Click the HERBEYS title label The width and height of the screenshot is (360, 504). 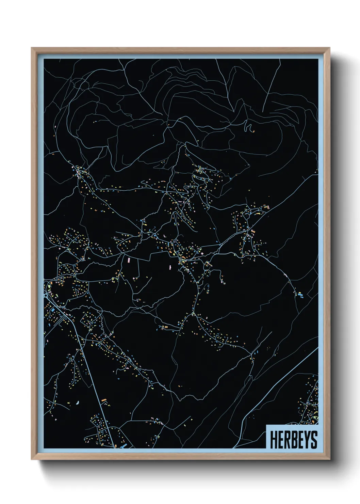tap(293, 439)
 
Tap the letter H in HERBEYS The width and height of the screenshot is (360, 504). tap(273, 440)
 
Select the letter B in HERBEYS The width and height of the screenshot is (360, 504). tap(291, 440)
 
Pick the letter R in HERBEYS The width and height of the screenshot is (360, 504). tap(284, 440)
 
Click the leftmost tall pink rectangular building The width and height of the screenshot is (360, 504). tap(129, 261)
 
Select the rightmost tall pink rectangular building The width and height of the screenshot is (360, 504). tap(170, 268)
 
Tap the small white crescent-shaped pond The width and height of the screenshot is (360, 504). tap(78, 403)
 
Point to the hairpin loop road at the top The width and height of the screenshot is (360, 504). tap(247, 126)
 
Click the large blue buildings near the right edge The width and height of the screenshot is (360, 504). tap(300, 295)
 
